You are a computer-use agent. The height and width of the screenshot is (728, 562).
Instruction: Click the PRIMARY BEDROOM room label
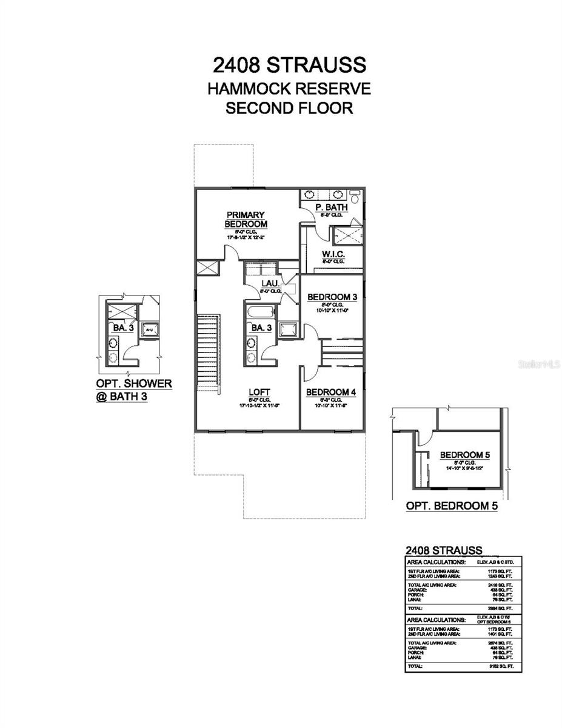pyautogui.click(x=245, y=219)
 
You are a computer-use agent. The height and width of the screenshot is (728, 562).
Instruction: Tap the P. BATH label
pyautogui.click(x=331, y=208)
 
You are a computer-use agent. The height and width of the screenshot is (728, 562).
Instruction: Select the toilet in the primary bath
pyautogui.click(x=356, y=196)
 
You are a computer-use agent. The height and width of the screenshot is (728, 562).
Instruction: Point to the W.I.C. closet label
pyautogui.click(x=333, y=253)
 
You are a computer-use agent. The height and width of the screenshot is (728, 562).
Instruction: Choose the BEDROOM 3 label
pyautogui.click(x=332, y=297)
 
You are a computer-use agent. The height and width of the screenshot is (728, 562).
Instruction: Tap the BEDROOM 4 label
pyautogui.click(x=330, y=392)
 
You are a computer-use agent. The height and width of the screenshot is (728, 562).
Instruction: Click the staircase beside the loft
pyautogui.click(x=208, y=352)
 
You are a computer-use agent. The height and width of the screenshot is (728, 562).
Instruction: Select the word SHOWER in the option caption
pyautogui.click(x=146, y=384)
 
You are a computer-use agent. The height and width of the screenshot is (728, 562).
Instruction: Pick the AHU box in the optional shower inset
pyautogui.click(x=147, y=329)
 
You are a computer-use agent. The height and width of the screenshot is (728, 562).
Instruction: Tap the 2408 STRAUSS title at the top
pyautogui.click(x=289, y=64)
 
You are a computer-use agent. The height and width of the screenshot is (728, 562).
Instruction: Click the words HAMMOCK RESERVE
pyautogui.click(x=289, y=89)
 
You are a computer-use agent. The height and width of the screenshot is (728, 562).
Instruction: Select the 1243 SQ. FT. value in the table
pyautogui.click(x=500, y=575)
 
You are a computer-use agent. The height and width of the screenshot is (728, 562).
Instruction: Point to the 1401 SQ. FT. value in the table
pyautogui.click(x=500, y=633)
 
